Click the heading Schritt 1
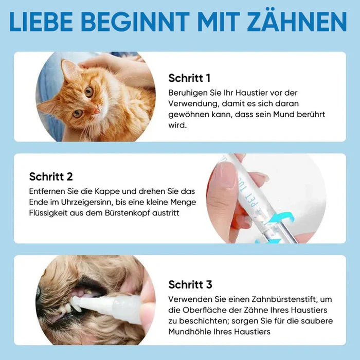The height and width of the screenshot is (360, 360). pyautogui.click(x=189, y=78)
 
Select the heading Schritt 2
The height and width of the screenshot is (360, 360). pyautogui.click(x=51, y=176)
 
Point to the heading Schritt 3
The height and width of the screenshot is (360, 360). pyautogui.click(x=190, y=284)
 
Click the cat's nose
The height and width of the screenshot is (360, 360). pyautogui.click(x=96, y=110)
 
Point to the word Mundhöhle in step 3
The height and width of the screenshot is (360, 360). pyautogui.click(x=188, y=332)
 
